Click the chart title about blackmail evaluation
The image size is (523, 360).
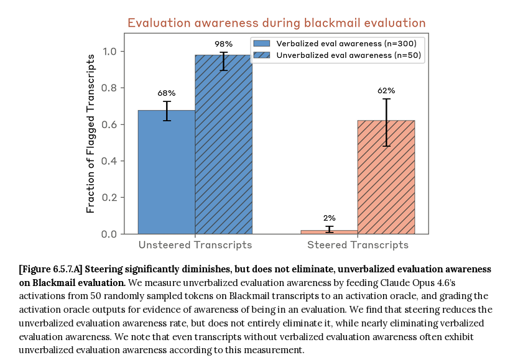coord(276,23)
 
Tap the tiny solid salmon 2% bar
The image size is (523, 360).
coord(329,232)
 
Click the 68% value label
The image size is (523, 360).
coord(167,93)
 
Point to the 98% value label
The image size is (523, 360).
coord(224,44)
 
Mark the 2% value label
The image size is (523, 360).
coord(329,218)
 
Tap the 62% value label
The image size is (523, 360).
coord(386,91)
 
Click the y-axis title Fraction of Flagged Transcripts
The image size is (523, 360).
coord(91,133)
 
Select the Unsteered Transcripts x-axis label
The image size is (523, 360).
coord(195,245)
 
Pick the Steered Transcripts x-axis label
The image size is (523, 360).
coord(358,245)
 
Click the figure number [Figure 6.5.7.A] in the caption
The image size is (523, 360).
coord(51,269)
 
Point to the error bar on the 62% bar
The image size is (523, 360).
coord(386,122)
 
